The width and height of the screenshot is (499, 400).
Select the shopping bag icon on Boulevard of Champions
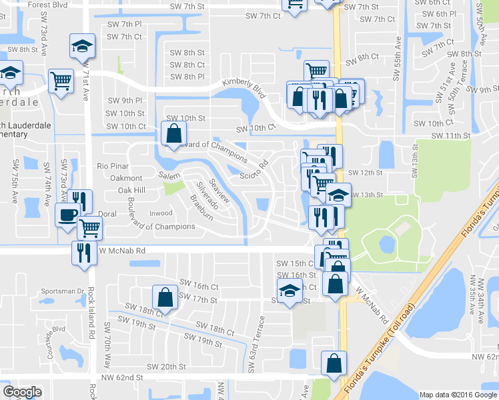173,133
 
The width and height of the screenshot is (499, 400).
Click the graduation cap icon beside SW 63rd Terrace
288,291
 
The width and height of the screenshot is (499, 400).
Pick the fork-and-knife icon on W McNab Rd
84,253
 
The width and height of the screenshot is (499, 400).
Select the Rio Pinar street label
111,165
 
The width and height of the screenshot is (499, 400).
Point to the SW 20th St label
165,367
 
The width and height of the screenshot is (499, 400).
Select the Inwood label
160,213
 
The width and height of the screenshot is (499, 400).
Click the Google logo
22,391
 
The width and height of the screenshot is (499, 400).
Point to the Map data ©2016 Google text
458,395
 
